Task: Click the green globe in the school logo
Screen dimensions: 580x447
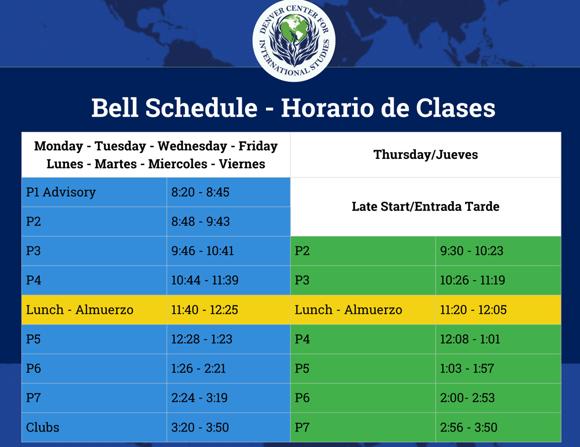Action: [x=294, y=28]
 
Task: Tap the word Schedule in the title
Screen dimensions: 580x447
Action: [x=201, y=108]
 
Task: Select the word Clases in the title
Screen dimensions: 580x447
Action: [x=456, y=108]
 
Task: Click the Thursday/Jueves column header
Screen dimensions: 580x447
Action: [x=426, y=154]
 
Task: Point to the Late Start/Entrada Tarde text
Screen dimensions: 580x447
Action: [x=426, y=206]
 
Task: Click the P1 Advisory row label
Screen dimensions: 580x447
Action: [x=61, y=192]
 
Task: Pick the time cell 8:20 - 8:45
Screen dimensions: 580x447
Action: [x=200, y=192]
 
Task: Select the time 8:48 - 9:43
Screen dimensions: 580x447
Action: [x=200, y=221]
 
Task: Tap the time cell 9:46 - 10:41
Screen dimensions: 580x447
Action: [x=202, y=250]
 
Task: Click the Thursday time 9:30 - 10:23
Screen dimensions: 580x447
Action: [x=472, y=250]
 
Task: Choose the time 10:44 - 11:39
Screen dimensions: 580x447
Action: [x=205, y=280]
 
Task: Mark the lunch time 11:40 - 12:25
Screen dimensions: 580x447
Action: [x=205, y=310]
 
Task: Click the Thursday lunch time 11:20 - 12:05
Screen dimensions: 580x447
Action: [x=473, y=310]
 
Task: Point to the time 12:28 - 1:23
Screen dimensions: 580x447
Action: [x=201, y=339]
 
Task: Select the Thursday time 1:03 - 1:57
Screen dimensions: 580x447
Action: [x=467, y=368]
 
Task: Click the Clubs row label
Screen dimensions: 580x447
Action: [x=43, y=428]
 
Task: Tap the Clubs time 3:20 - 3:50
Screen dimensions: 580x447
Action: [x=200, y=428]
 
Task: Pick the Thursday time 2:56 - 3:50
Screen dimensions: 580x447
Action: [x=469, y=428]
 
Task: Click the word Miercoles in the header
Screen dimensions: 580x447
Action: [x=178, y=164]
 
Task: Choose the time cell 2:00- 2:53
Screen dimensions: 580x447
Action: [x=467, y=398]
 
